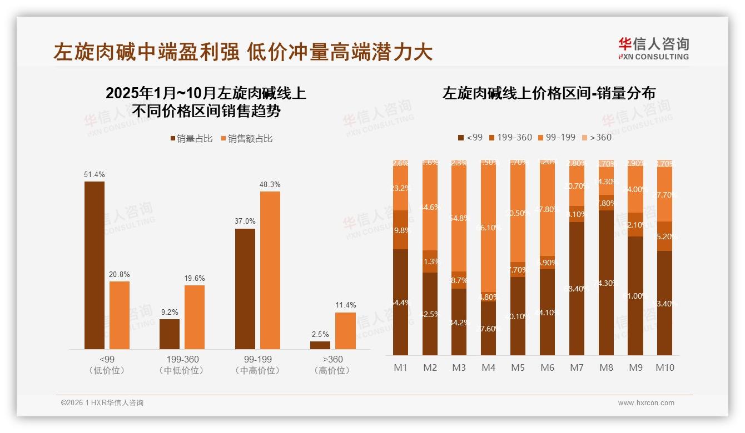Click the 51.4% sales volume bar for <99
click(x=95, y=265)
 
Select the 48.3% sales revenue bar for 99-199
click(x=270, y=270)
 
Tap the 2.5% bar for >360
click(x=320, y=345)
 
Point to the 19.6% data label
click(x=195, y=279)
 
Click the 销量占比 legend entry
click(x=191, y=139)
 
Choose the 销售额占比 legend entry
click(x=247, y=139)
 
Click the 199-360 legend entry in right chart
click(x=510, y=137)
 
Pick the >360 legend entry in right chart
click(x=596, y=137)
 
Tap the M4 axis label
click(x=488, y=367)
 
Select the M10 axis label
click(x=664, y=367)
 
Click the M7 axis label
click(x=577, y=367)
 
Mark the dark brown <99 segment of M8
click(x=606, y=283)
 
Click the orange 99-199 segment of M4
click(x=488, y=228)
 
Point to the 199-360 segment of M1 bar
click(x=400, y=230)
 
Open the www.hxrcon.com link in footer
click(x=645, y=403)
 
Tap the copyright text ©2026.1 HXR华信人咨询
click(x=102, y=403)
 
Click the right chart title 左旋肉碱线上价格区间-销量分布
click(x=549, y=93)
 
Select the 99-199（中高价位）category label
click(x=257, y=365)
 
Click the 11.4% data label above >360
click(x=345, y=305)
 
